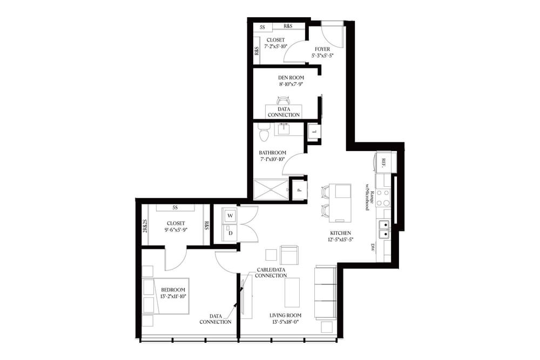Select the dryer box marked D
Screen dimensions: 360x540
230,233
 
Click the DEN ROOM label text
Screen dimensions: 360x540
283,78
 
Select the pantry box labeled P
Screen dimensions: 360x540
299,190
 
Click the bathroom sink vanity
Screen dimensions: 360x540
285,130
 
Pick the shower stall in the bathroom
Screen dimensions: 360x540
271,189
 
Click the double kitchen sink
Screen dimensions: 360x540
384,229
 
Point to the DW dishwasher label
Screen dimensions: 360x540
373,248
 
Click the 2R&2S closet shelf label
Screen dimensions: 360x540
145,225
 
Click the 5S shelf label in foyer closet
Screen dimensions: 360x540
262,26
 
